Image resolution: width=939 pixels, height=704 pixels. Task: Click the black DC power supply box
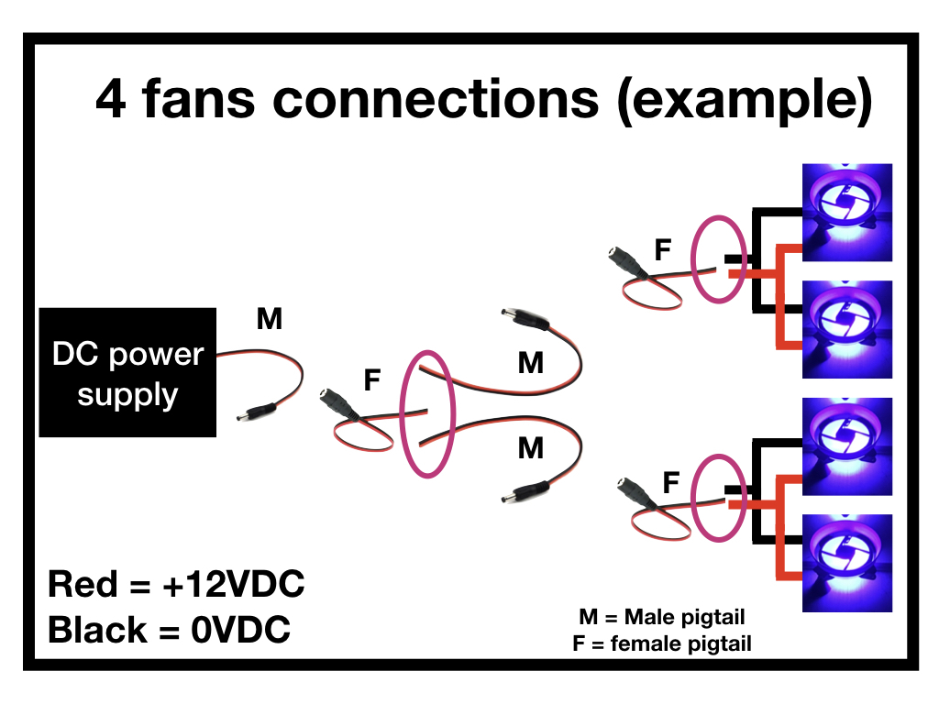click(x=127, y=372)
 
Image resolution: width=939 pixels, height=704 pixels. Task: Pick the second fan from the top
click(x=847, y=329)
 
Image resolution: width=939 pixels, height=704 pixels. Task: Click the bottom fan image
click(x=847, y=562)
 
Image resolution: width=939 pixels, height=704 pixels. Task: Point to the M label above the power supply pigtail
click(x=269, y=320)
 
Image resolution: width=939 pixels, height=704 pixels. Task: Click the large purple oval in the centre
click(x=428, y=413)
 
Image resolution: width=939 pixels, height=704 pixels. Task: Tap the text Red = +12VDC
click(x=175, y=584)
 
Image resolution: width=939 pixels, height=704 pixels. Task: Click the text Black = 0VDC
click(x=169, y=631)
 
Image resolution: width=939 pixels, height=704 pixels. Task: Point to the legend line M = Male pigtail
click(x=662, y=617)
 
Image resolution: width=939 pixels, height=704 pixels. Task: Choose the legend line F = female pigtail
click(x=661, y=643)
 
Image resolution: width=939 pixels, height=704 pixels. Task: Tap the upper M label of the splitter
click(x=531, y=364)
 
